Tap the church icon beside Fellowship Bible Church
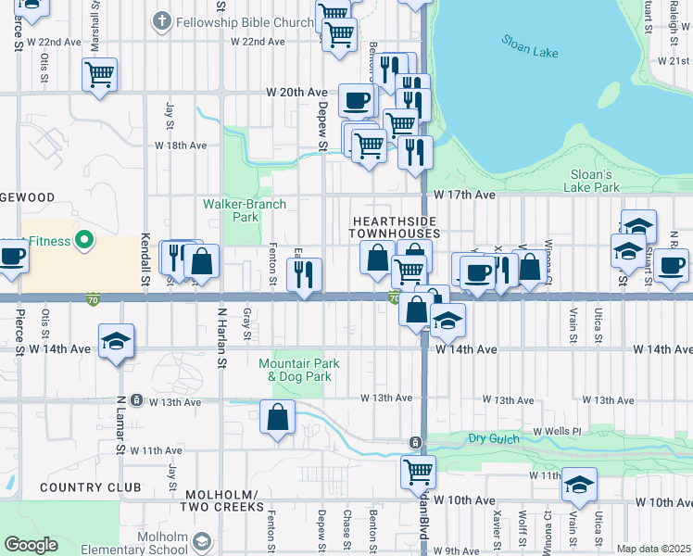pos(161,20)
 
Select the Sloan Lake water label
pos(530,46)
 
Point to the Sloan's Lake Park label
pos(591,181)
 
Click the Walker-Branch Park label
pos(245,210)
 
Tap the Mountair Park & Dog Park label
pos(294,370)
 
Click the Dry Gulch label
pos(489,438)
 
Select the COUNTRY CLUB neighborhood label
pos(90,487)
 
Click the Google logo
pos(31,545)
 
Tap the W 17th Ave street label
pos(465,196)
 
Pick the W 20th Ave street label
pos(296,93)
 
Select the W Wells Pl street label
pos(556,431)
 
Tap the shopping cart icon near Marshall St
pos(100,73)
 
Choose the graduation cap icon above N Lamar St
pos(117,342)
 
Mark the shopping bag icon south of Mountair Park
pos(278,417)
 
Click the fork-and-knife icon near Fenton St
pos(304,274)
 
